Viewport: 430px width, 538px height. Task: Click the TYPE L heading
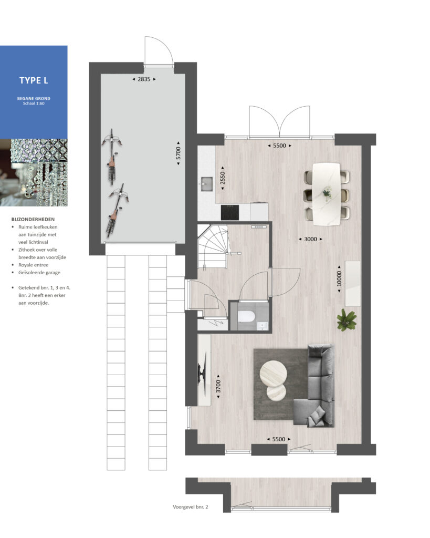click(34, 80)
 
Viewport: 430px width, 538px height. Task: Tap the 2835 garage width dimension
click(144, 79)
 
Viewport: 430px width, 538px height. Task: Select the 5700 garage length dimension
click(178, 153)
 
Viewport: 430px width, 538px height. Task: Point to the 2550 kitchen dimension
click(223, 179)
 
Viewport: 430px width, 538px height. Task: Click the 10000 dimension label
click(339, 278)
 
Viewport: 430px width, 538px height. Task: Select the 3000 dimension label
click(310, 239)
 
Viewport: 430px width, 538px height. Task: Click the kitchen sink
click(207, 184)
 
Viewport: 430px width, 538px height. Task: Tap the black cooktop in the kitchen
click(230, 212)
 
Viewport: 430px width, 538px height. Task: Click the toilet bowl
click(246, 317)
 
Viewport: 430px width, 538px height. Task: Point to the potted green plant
click(347, 320)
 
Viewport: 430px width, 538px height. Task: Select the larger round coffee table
click(274, 374)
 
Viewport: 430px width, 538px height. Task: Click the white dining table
click(327, 194)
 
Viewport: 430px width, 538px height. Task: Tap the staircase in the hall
click(213, 247)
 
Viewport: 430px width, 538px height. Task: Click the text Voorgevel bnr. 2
click(190, 507)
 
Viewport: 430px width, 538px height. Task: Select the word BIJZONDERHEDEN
click(33, 219)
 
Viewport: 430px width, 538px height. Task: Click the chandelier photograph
click(34, 172)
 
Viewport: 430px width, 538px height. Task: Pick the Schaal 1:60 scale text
click(34, 104)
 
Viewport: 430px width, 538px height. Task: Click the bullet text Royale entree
click(33, 265)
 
